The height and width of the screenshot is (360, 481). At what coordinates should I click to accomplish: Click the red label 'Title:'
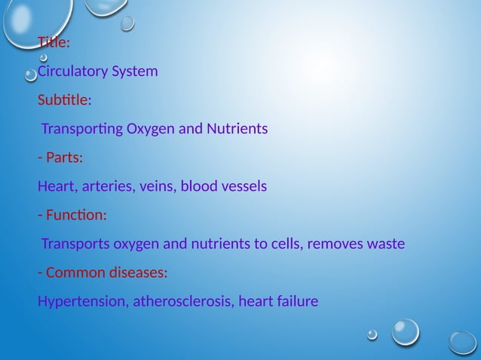click(54, 43)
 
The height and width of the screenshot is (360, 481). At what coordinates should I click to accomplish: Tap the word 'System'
click(134, 72)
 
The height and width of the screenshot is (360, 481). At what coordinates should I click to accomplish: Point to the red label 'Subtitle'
click(63, 100)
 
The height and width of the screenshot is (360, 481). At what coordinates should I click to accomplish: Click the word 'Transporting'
click(81, 130)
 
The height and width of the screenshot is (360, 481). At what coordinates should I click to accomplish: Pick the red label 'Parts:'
click(64, 158)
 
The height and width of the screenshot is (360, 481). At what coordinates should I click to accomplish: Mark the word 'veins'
click(157, 187)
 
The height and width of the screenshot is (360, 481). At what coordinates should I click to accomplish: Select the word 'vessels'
click(244, 187)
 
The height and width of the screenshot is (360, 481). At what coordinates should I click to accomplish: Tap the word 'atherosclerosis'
click(185, 302)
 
